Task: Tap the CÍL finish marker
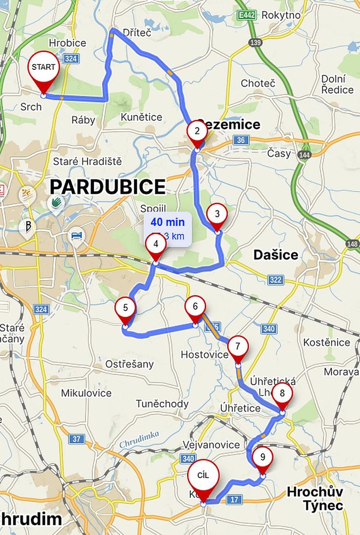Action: pyautogui.click(x=203, y=476)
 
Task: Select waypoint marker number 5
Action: pyautogui.click(x=125, y=308)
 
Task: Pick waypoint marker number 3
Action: pyautogui.click(x=217, y=214)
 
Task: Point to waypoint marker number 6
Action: pyautogui.click(x=195, y=307)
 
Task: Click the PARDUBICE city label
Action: pyautogui.click(x=108, y=186)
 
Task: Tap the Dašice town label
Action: pyautogui.click(x=275, y=255)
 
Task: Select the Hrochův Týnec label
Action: pyautogui.click(x=315, y=498)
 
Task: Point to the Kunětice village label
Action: pyautogui.click(x=141, y=117)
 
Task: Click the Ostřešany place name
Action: pyautogui.click(x=129, y=364)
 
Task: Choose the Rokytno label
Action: pyautogui.click(x=281, y=15)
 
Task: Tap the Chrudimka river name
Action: pyautogui.click(x=139, y=439)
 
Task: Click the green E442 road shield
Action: pyautogui.click(x=246, y=15)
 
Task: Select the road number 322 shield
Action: pyautogui.click(x=275, y=280)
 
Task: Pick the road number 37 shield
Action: pyautogui.click(x=76, y=439)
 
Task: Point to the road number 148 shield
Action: pyautogui.click(x=353, y=243)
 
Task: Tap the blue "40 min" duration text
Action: pyautogui.click(x=167, y=222)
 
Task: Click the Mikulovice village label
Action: pyautogui.click(x=86, y=393)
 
